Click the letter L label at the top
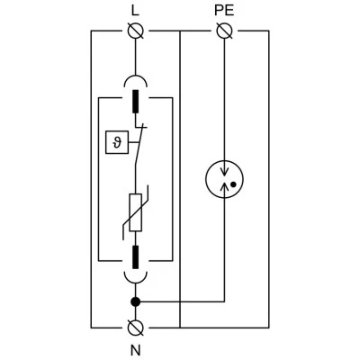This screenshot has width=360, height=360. [135, 11]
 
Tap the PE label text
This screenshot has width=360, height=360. [224, 11]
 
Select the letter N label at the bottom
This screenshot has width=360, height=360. [136, 350]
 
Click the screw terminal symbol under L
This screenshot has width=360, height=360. [136, 31]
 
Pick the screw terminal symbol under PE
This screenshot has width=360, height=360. [224, 31]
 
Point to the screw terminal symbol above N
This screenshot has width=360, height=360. [136, 328]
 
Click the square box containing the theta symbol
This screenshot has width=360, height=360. [117, 142]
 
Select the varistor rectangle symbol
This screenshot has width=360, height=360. [136, 212]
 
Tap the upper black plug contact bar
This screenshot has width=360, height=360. [136, 102]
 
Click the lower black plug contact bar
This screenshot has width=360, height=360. [136, 256]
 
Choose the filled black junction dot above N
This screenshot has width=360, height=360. [136, 301]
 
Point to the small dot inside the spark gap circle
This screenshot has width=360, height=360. [233, 184]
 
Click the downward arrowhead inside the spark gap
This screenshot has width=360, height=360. [224, 172]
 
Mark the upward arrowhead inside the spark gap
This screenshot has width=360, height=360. [224, 186]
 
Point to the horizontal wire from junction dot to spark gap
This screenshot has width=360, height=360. [180, 301]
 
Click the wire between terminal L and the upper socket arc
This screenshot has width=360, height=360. [136, 57]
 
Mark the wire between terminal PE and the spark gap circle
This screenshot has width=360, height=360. [224, 100]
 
